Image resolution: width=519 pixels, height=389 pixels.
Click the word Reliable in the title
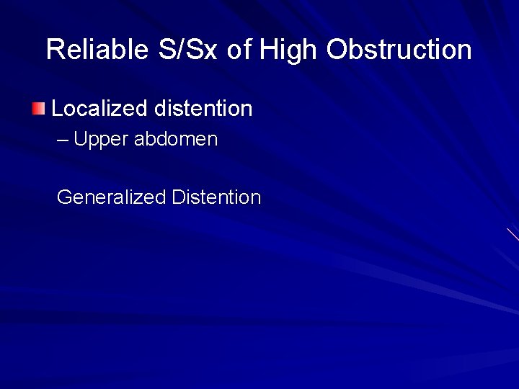coord(95,50)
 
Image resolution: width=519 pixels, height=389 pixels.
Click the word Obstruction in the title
coord(399,50)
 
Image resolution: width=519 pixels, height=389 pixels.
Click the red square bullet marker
coord(38,109)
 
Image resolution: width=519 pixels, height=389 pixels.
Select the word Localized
coord(99,109)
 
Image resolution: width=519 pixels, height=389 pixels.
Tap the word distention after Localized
coord(203,109)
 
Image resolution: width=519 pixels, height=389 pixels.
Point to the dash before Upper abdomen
coord(63,139)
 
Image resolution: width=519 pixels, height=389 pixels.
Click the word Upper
coord(101,140)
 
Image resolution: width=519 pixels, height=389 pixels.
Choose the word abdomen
coord(175,139)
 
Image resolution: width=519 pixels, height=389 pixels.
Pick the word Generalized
coord(111,197)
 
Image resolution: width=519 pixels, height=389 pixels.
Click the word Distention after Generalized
coord(216,197)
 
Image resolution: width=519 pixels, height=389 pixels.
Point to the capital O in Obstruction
coord(337,50)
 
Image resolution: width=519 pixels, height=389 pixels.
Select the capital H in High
coord(268,50)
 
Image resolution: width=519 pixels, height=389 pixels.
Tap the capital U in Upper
coord(79,139)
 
